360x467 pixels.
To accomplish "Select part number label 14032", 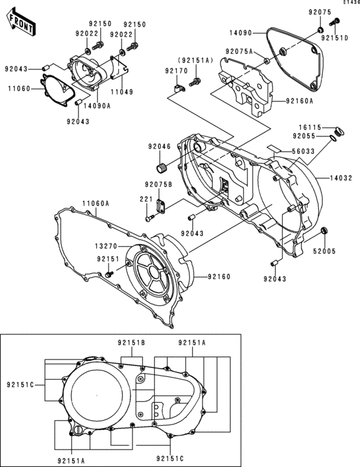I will pyautogui.click(x=340, y=177).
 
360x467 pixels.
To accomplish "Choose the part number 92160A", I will pyautogui.click(x=300, y=101).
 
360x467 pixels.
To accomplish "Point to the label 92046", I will pyautogui.click(x=159, y=147).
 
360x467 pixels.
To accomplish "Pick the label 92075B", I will pyautogui.click(x=157, y=185).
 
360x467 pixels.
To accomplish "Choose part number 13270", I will pyautogui.click(x=107, y=246).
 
